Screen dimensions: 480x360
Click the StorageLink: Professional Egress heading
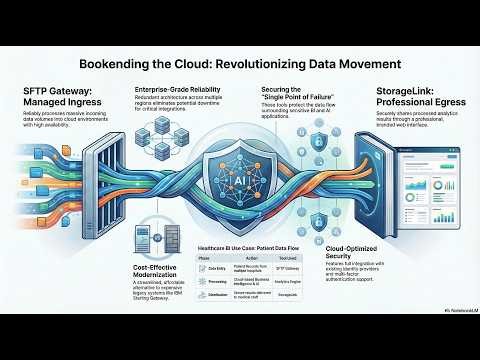412,100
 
